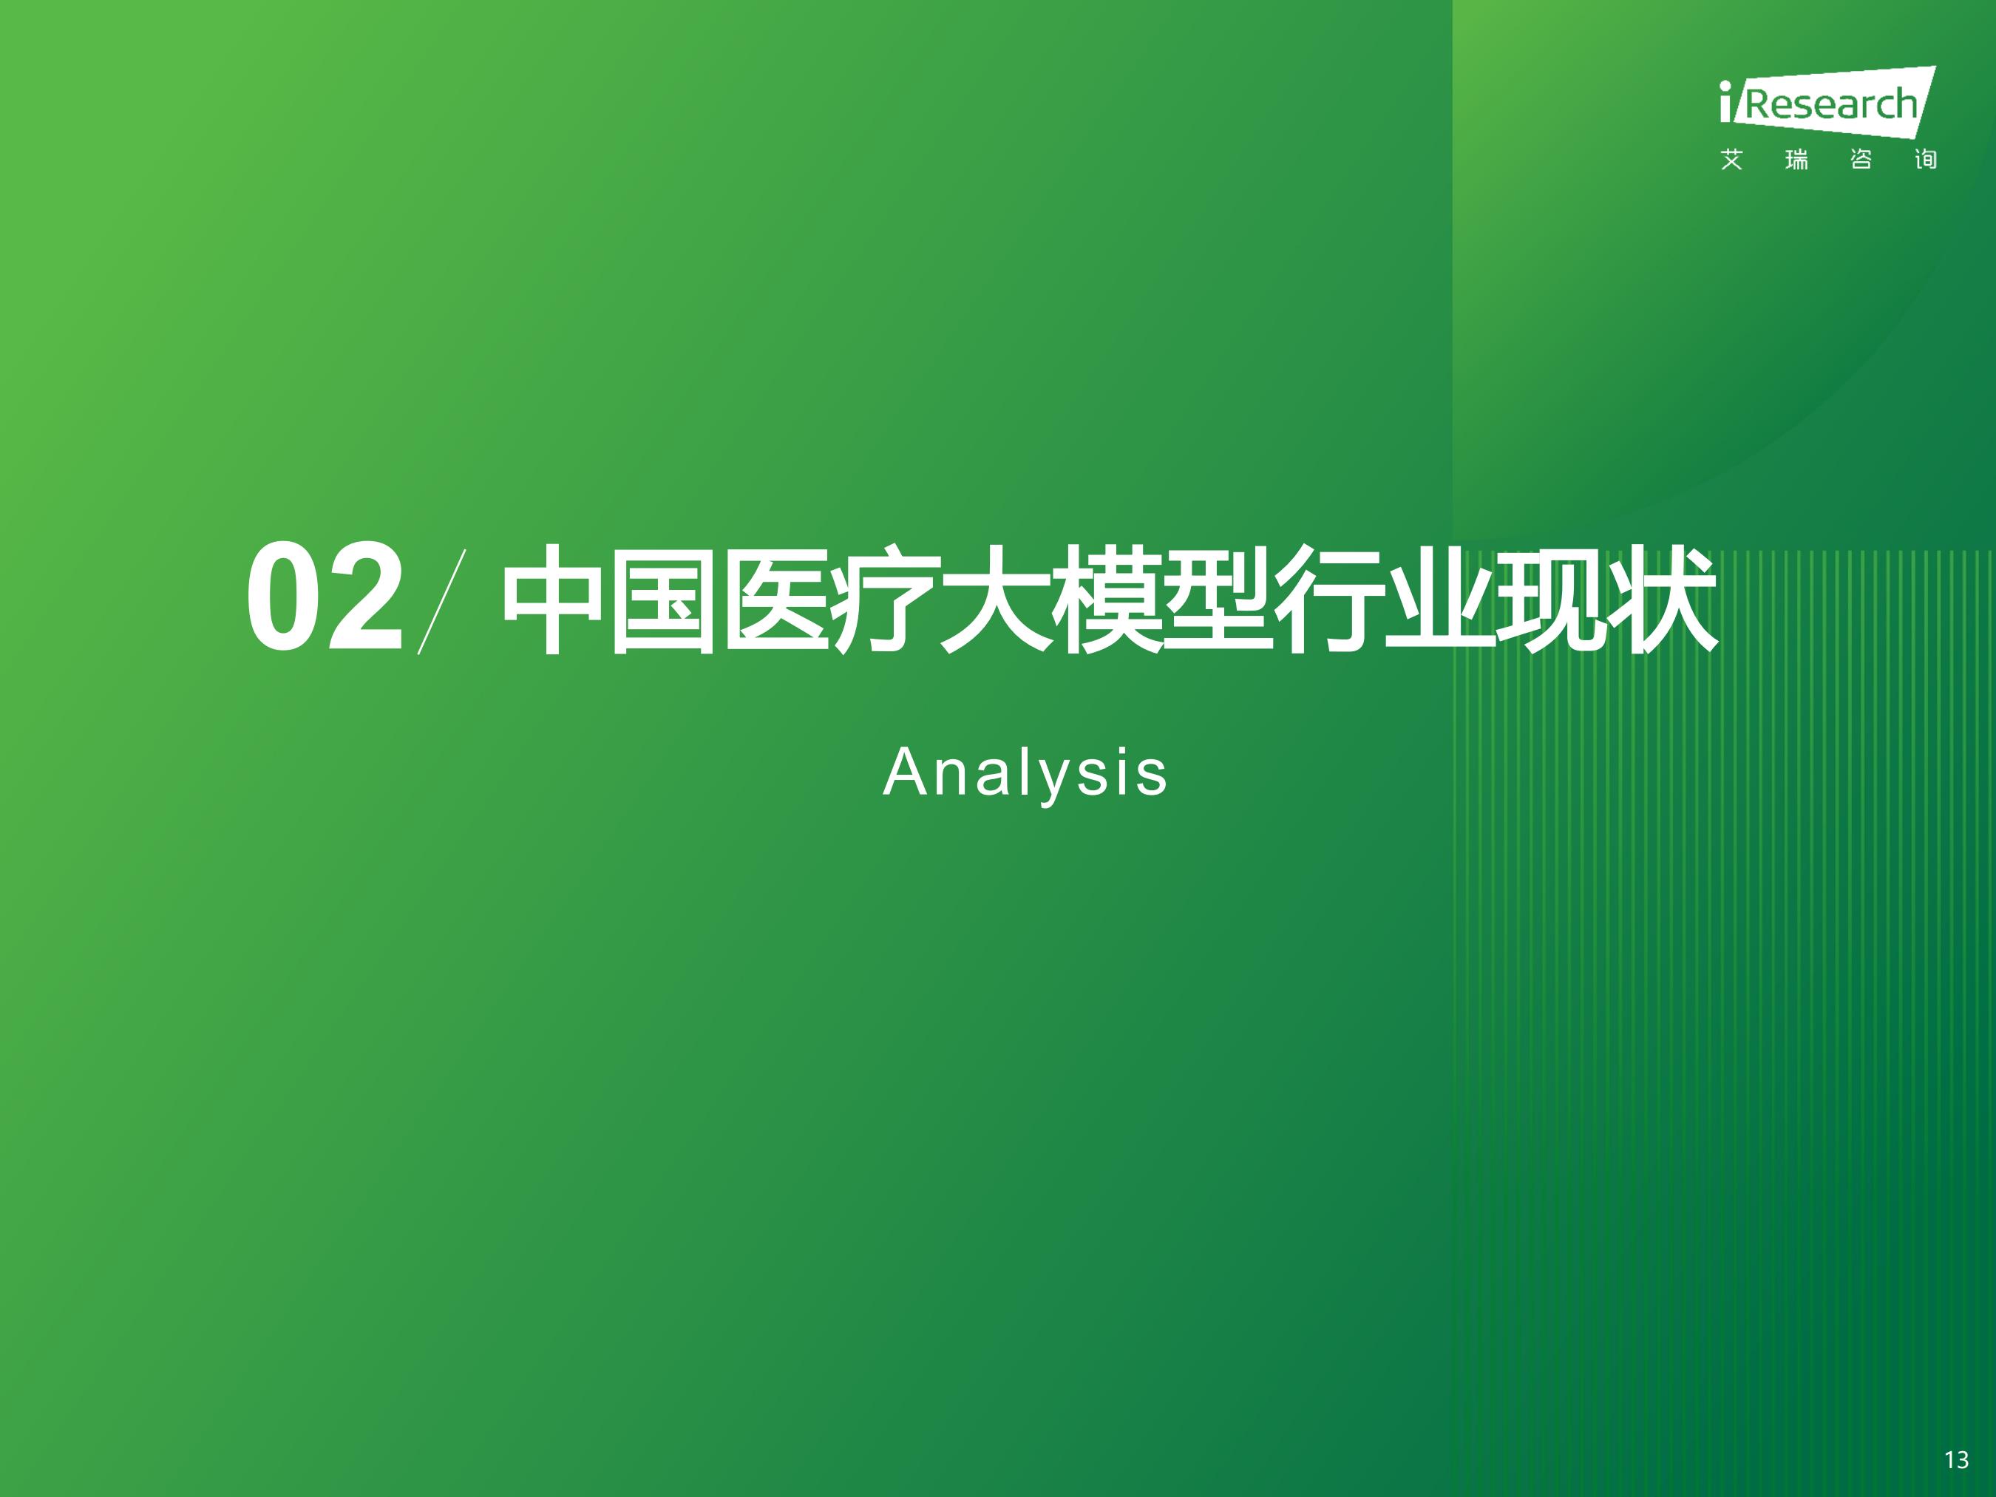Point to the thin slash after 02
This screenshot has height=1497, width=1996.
[442, 601]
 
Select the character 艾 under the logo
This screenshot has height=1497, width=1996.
[1731, 160]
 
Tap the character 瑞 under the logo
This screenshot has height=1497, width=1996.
[1796, 160]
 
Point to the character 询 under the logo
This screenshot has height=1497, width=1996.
[1926, 160]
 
